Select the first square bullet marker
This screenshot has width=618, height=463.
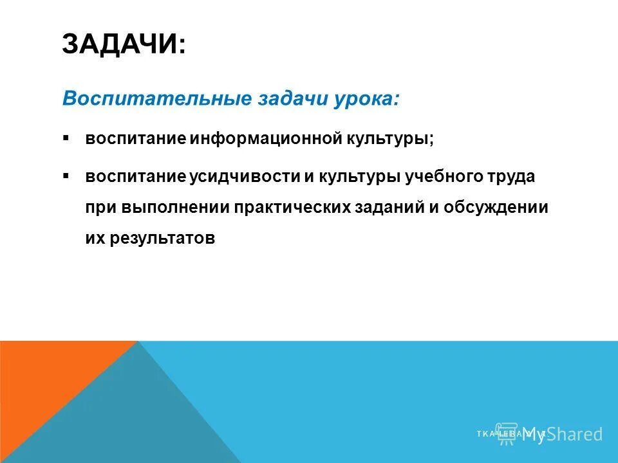66,138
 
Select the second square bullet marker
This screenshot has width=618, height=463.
66,175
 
